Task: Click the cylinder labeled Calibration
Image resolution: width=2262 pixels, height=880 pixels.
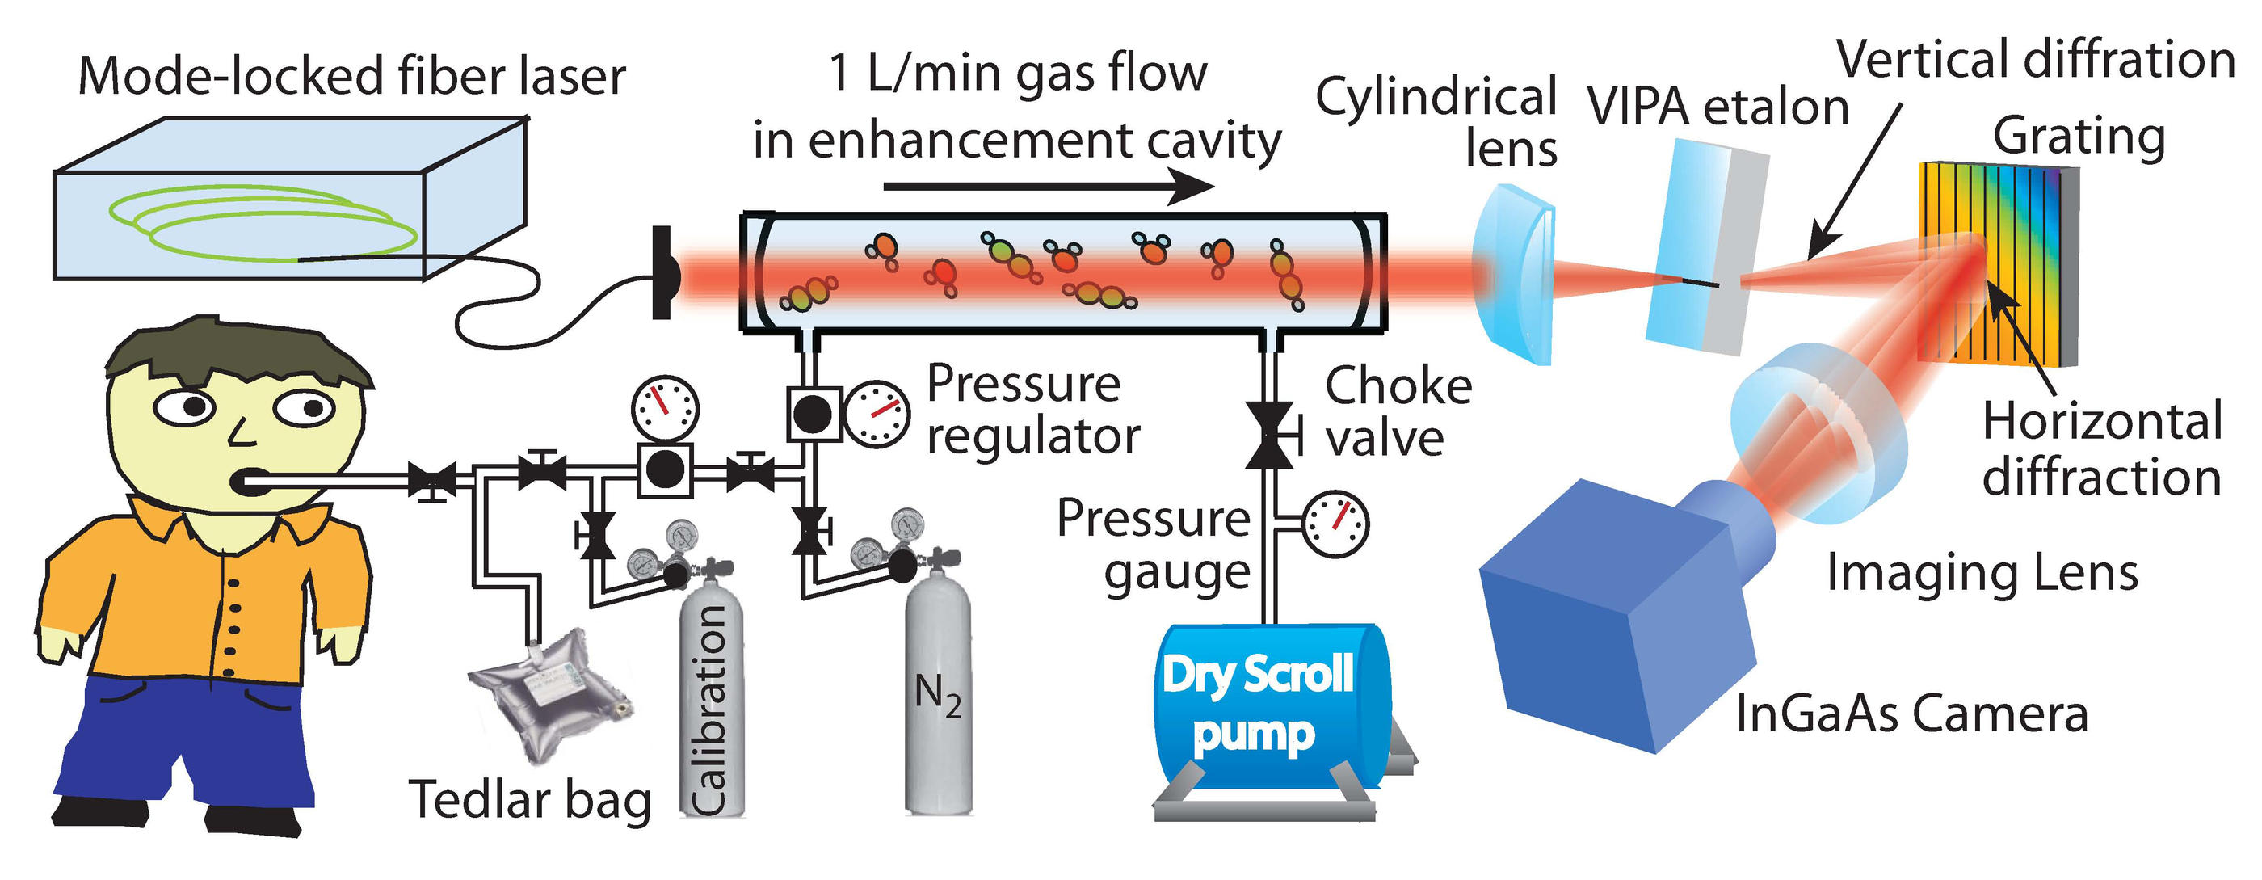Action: click(x=711, y=702)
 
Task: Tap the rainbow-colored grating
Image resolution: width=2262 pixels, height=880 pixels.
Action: click(x=1998, y=263)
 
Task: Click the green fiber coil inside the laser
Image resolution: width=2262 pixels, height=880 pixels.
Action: click(x=263, y=224)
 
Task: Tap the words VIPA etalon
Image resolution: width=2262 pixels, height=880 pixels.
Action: click(x=1718, y=107)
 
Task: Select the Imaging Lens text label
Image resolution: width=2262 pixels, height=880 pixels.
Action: click(x=1982, y=574)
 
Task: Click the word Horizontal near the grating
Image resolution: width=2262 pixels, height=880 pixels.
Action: click(x=2102, y=422)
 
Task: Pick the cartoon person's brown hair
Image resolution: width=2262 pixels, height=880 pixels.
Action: click(x=237, y=352)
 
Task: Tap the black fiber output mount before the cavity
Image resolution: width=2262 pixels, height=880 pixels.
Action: click(x=664, y=272)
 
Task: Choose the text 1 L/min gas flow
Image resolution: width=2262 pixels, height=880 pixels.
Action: click(x=1019, y=72)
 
